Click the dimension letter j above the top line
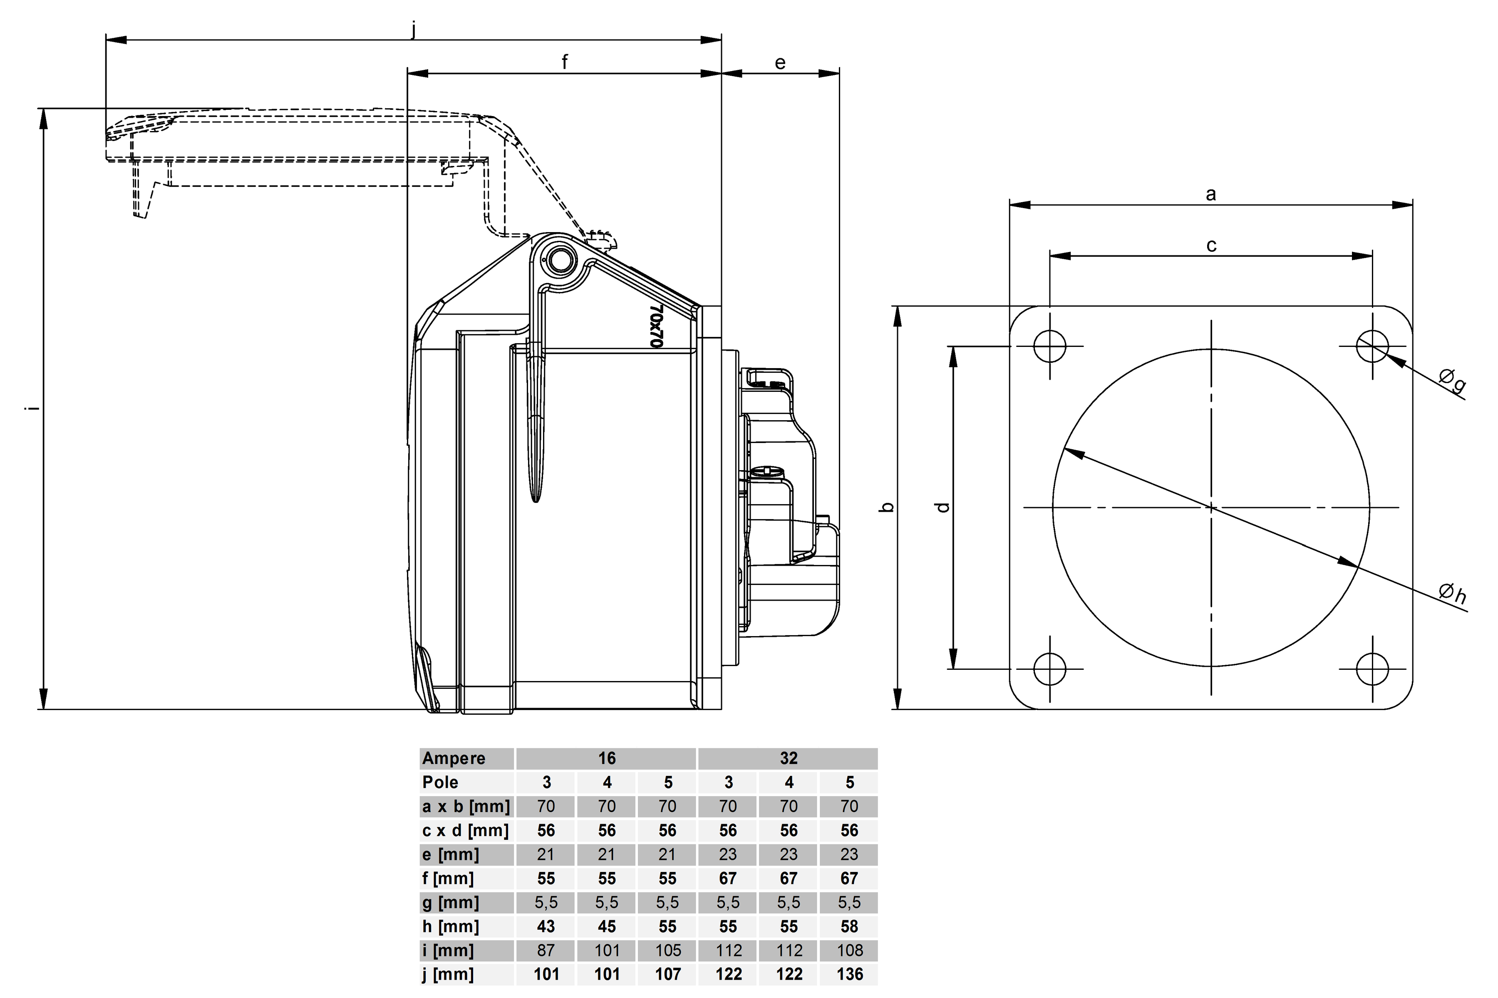[414, 29]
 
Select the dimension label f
[564, 62]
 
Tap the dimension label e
[780, 62]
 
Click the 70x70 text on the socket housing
[656, 325]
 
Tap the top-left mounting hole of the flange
[1050, 346]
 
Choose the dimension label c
[1211, 245]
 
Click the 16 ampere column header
[606, 758]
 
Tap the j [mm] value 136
[849, 974]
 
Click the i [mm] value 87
[546, 950]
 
